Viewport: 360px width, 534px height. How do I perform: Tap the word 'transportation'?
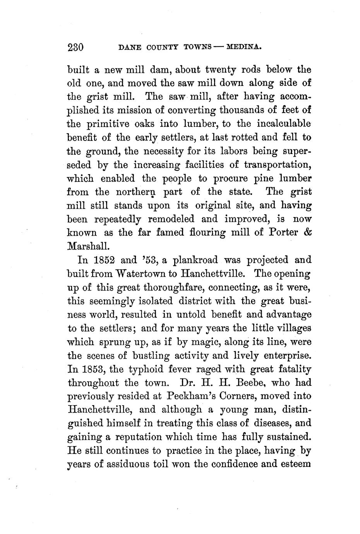(278, 165)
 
